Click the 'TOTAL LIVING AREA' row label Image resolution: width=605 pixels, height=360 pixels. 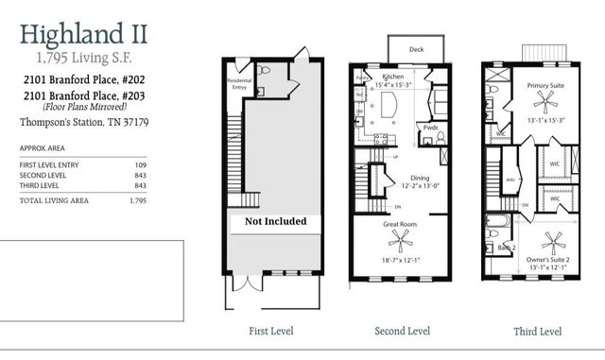coord(54,200)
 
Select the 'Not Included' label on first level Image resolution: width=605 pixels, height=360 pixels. coord(276,221)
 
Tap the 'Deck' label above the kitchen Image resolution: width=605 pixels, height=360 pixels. coord(415,49)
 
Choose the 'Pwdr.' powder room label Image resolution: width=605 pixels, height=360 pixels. coord(430,126)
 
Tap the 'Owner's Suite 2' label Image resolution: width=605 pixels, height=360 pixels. coord(544,258)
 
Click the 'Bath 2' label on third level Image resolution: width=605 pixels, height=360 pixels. coord(507,248)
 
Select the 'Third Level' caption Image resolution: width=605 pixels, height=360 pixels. coord(537,332)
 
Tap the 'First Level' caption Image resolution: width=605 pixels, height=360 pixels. coord(270,332)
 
